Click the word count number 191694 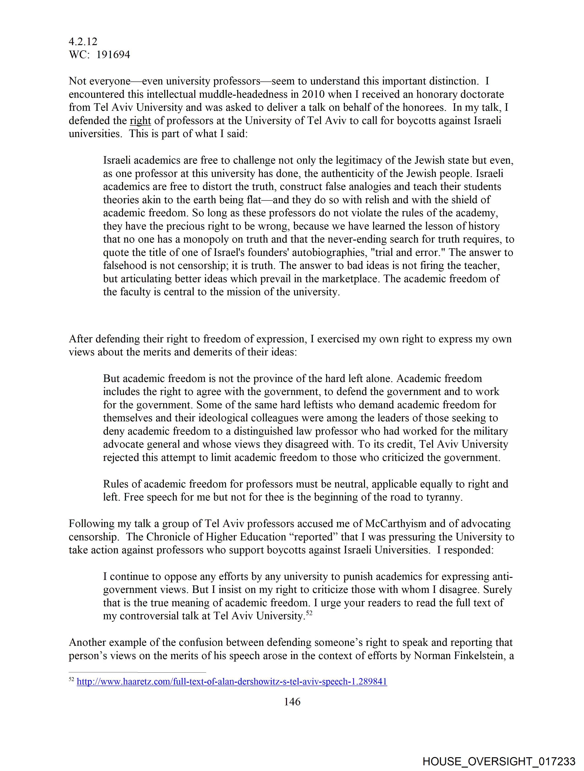[113, 55]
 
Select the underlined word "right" [140, 121]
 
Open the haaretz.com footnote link [232, 682]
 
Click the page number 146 [292, 702]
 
